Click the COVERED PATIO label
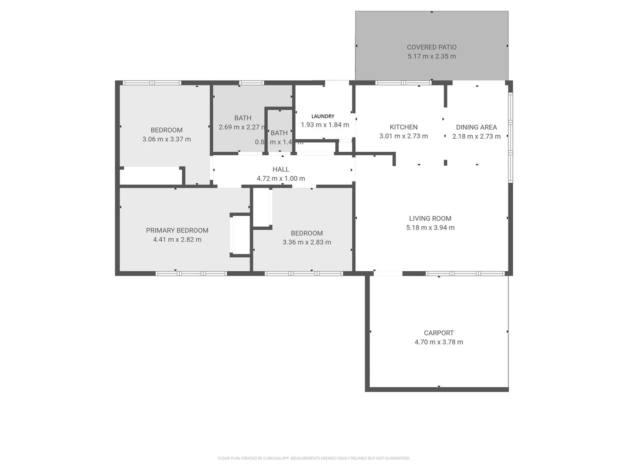coord(431,47)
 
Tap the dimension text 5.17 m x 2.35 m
coord(431,56)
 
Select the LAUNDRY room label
coord(323,116)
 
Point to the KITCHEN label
coord(403,127)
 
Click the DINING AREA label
coord(476,127)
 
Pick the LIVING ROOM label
coord(430,218)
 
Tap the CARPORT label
coord(439,333)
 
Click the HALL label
coord(281,169)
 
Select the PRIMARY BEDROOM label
coord(177,230)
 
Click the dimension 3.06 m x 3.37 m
coord(167,139)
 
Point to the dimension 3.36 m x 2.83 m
coord(307,242)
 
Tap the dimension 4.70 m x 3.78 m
coord(439,342)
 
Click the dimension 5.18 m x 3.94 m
coord(430,228)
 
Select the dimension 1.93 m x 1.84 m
coord(325,125)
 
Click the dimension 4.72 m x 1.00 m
coord(281,178)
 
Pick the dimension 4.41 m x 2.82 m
coord(177,239)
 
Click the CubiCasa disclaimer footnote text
coord(314,458)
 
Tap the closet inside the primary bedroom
coord(240,235)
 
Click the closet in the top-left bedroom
coord(150,176)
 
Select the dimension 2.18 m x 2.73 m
coord(476,137)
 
